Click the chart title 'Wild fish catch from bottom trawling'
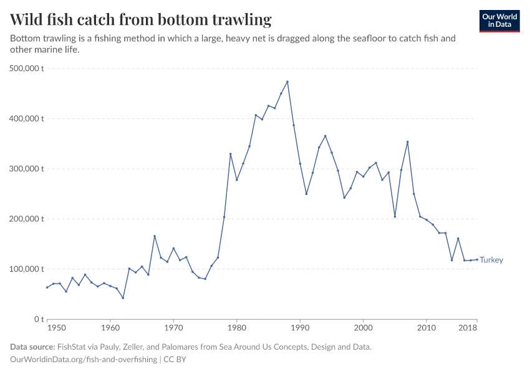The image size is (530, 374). click(141, 20)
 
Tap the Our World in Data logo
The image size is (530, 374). click(499, 21)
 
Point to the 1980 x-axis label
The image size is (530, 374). click(236, 328)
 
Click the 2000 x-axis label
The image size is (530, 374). click(363, 328)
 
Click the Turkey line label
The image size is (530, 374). click(491, 260)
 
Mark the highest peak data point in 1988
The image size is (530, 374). click(287, 82)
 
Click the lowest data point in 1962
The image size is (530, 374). click(123, 298)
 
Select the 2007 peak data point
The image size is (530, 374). click(407, 141)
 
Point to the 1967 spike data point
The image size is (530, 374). click(155, 236)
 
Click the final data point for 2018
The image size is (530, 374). click(477, 259)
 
